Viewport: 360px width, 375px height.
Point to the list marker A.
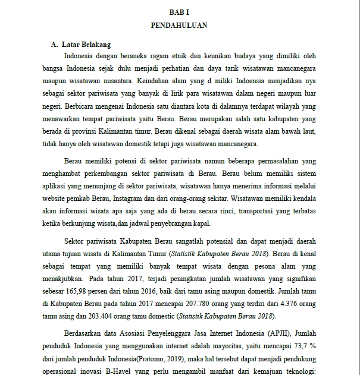[54, 45]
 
